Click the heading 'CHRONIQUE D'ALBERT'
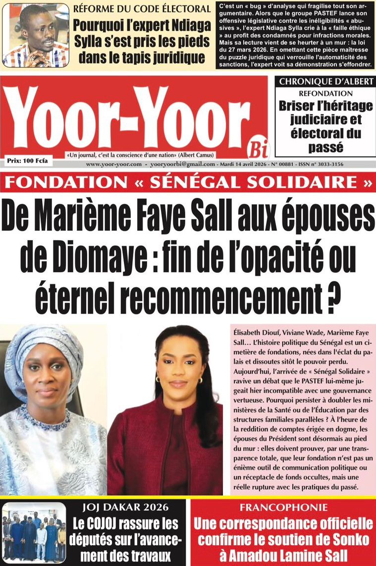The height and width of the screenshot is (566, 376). point(325,82)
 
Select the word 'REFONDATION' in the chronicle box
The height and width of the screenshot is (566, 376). point(325,93)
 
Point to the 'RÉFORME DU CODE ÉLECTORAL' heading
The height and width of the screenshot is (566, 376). point(142,8)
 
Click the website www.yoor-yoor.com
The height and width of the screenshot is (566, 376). point(114,164)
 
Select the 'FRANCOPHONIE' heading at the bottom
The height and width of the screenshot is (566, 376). point(283,507)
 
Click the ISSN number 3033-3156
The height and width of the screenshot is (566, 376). point(329,164)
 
